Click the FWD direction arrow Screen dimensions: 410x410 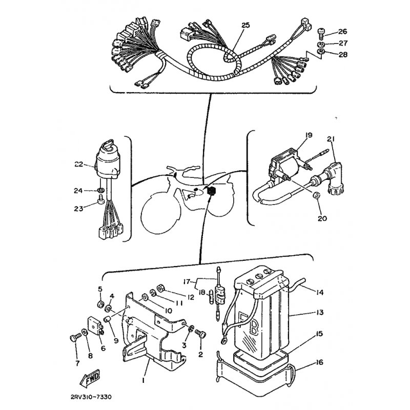[x=89, y=378]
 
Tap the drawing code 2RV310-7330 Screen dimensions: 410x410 [x=91, y=397]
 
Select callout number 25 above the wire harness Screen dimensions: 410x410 [x=245, y=25]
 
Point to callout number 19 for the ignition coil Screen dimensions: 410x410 [x=309, y=135]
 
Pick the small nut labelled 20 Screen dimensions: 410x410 [x=317, y=195]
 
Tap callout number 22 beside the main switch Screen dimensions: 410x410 [x=78, y=164]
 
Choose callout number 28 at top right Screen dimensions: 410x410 [x=343, y=55]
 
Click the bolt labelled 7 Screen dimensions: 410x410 [x=73, y=339]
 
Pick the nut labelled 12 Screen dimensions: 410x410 [x=160, y=289]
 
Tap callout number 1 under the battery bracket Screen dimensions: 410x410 [x=143, y=381]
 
